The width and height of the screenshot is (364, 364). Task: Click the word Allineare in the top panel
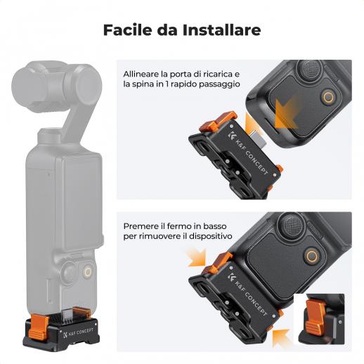point(141,74)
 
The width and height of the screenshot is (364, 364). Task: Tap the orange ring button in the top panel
point(328,96)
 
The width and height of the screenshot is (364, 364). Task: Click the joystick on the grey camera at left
point(69,272)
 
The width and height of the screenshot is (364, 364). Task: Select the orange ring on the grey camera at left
point(88,272)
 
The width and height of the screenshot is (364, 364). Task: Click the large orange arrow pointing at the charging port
point(287,115)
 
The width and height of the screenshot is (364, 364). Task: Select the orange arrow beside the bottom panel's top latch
point(196,258)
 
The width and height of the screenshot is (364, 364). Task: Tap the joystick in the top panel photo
point(311,69)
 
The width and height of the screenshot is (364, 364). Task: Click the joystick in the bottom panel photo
point(292,223)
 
